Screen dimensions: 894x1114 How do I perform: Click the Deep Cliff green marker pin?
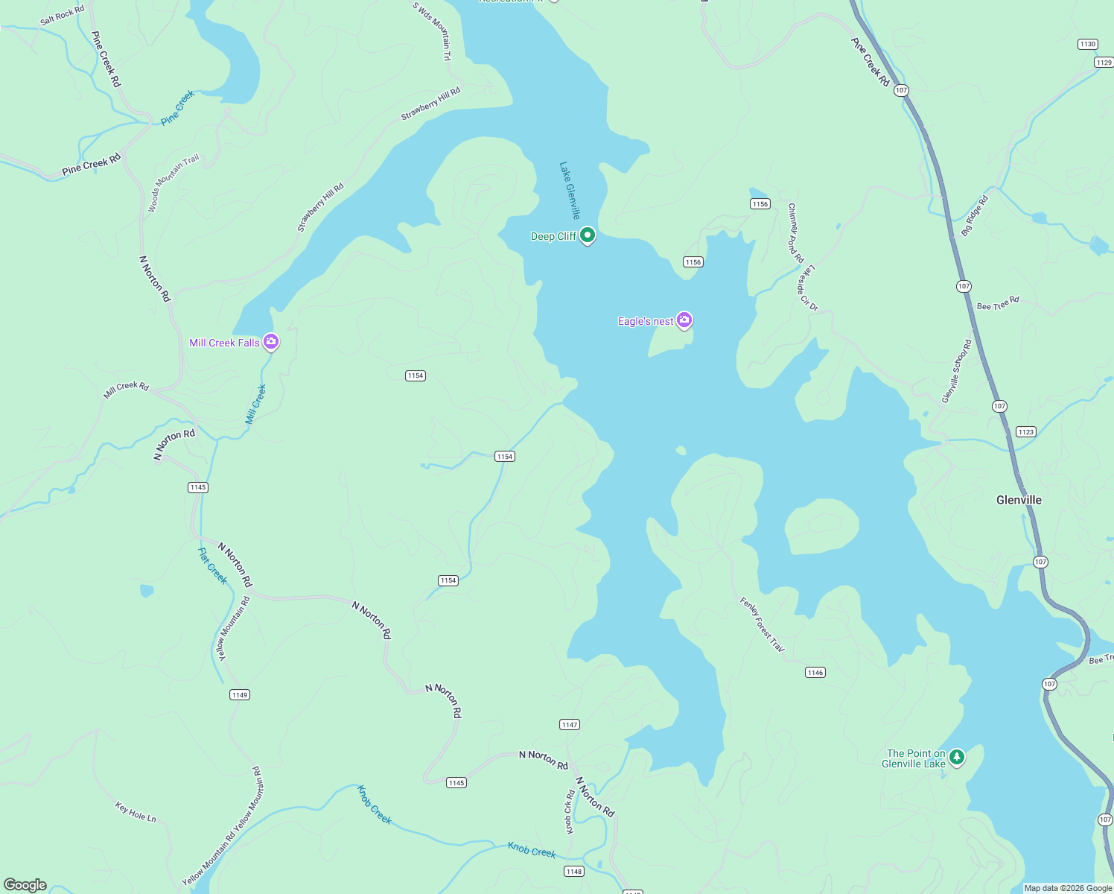(x=588, y=235)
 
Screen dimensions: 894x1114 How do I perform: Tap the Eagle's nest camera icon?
(x=684, y=320)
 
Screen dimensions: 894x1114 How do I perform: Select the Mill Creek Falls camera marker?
(x=271, y=342)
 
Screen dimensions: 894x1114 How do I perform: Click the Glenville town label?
(x=1019, y=500)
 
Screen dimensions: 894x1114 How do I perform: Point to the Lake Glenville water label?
(x=570, y=190)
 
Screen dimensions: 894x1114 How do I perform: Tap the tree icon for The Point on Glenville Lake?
(x=957, y=757)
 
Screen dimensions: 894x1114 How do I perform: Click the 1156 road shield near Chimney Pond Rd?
(x=760, y=204)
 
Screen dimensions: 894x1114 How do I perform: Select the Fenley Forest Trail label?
(x=762, y=624)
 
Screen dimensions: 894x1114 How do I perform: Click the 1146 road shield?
(x=815, y=673)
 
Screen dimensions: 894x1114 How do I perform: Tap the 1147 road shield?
(x=570, y=724)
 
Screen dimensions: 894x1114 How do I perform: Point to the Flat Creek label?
(x=212, y=566)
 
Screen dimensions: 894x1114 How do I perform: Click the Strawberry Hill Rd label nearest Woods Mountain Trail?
(x=321, y=208)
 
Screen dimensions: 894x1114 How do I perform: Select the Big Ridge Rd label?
(x=975, y=216)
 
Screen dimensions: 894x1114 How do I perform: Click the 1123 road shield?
(x=1026, y=432)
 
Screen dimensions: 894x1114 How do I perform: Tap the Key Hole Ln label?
(x=136, y=812)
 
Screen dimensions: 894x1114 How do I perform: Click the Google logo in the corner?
(x=25, y=885)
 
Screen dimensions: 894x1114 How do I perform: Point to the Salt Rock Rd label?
(x=63, y=15)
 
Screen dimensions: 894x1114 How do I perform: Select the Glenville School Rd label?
(x=957, y=372)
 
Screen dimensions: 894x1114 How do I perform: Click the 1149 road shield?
(x=239, y=695)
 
